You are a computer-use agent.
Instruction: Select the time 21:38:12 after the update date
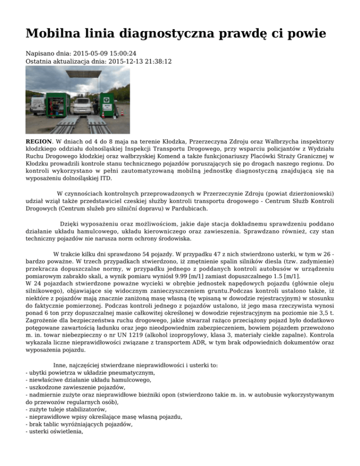[x=157, y=61]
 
